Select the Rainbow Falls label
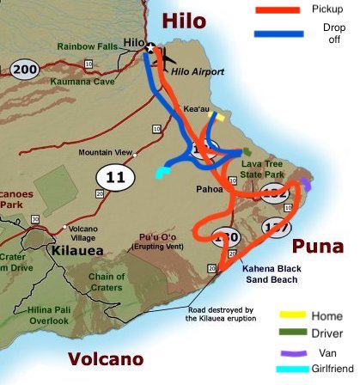pyautogui.click(x=88, y=46)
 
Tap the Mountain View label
pyautogui.click(x=105, y=153)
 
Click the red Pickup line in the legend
pyautogui.click(x=276, y=12)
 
